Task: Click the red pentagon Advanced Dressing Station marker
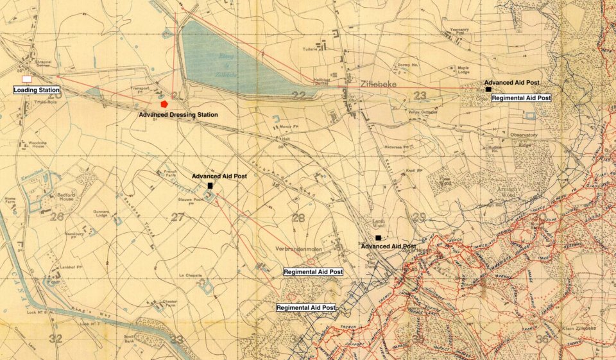click(165, 103)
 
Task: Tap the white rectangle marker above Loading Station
click(26, 79)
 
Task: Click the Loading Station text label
click(37, 90)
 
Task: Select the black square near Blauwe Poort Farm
click(210, 185)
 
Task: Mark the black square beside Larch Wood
click(378, 238)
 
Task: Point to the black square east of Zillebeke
click(488, 90)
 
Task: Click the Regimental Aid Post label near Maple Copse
click(520, 98)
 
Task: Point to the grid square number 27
click(178, 218)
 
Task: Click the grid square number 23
click(420, 96)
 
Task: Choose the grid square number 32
click(56, 338)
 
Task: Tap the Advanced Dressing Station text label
click(178, 115)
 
